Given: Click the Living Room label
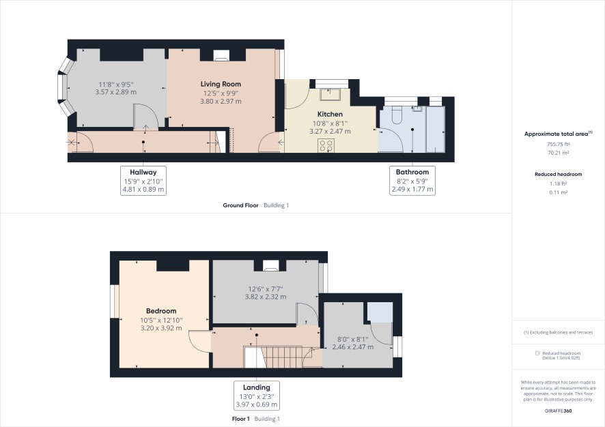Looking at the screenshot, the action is (221, 84).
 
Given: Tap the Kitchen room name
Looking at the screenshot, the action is (330, 114).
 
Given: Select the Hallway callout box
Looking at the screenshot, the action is (143, 181).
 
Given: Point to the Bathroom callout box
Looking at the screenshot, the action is (412, 181).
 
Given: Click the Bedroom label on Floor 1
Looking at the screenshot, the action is (161, 311).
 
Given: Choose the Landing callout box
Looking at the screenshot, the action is (257, 396).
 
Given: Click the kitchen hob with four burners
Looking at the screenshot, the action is (326, 145).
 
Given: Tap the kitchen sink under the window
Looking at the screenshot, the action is (330, 93).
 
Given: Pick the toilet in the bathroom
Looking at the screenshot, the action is (397, 115).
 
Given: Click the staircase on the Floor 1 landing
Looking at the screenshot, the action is (273, 357).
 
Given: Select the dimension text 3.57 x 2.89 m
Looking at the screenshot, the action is (116, 92).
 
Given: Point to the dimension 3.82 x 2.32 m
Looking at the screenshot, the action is (266, 297).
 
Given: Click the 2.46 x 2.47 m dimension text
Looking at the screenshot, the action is (352, 347).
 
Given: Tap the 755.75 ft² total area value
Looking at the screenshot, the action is (558, 144).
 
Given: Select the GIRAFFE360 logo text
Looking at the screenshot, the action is (559, 411).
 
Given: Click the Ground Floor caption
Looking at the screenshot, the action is (241, 205).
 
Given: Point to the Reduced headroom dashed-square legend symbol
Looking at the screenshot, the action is (537, 353).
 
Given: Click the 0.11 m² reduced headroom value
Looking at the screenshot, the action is (559, 192).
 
